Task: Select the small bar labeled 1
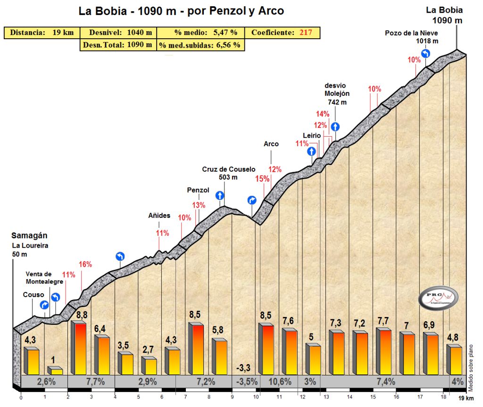pyautogui.click(x=56, y=371)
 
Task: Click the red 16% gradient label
pyautogui.click(x=85, y=265)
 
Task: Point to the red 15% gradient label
pyautogui.click(x=262, y=179)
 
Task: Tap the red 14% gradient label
pyautogui.click(x=323, y=114)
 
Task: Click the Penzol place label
pyautogui.click(x=198, y=190)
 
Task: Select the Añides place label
pyautogui.click(x=159, y=216)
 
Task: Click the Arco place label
pyautogui.click(x=271, y=144)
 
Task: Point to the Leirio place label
pyautogui.click(x=312, y=135)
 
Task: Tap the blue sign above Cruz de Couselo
pyautogui.click(x=220, y=195)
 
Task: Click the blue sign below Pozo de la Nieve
pyautogui.click(x=425, y=53)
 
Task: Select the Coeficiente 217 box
pyautogui.click(x=283, y=33)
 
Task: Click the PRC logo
pyautogui.click(x=438, y=298)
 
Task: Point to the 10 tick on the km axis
pyautogui.click(x=256, y=397)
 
